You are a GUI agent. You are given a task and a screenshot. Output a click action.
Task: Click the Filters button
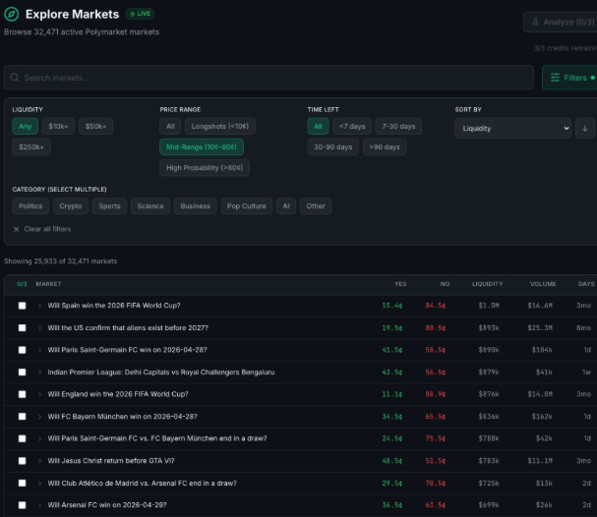568,78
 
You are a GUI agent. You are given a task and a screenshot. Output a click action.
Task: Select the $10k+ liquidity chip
58,127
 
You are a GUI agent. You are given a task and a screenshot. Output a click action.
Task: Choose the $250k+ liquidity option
31,147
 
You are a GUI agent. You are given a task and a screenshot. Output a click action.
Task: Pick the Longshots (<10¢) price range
220,127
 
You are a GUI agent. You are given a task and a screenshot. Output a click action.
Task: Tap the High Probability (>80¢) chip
205,168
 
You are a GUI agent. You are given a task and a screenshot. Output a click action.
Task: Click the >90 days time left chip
385,147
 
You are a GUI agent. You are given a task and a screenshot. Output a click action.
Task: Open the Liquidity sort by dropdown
511,129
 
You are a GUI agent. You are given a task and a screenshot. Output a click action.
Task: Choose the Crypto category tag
70,206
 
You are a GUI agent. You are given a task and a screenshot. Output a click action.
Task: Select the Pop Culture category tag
246,206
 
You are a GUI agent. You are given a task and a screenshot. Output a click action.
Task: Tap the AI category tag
285,206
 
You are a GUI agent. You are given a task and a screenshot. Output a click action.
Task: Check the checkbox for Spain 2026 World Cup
22,306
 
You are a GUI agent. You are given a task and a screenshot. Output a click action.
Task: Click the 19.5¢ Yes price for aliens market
391,327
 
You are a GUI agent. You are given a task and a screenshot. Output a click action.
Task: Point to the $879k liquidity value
489,372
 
